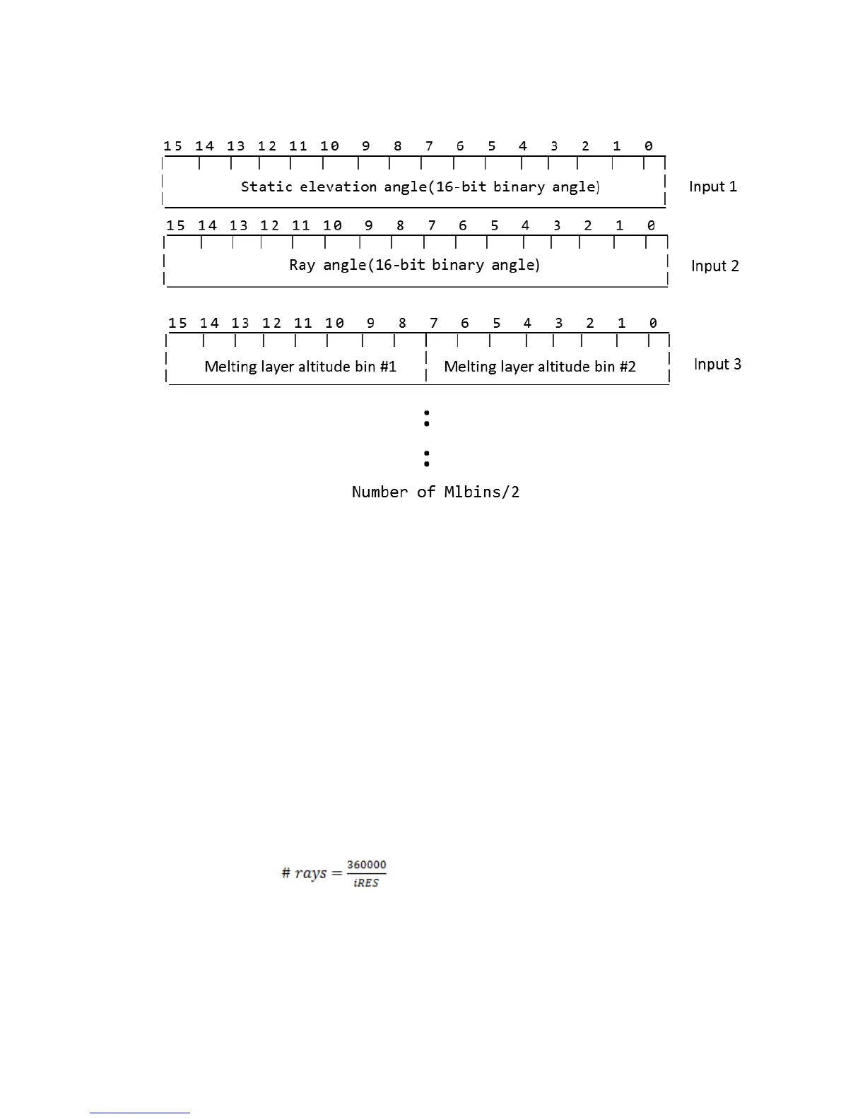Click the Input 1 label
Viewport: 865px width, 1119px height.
point(712,186)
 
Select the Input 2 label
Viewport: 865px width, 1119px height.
point(714,266)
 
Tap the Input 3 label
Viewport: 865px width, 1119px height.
point(717,364)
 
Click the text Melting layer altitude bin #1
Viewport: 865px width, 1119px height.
point(300,366)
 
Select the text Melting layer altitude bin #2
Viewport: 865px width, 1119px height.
point(540,366)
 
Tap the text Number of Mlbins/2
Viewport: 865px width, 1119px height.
point(435,492)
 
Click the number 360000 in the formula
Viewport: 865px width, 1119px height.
point(366,865)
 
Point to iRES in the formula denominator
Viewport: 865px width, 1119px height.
point(366,883)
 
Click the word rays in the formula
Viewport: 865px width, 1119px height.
point(311,873)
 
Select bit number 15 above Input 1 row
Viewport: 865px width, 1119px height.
point(173,146)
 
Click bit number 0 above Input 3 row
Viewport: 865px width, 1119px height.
point(653,323)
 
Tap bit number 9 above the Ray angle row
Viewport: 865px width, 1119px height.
point(369,225)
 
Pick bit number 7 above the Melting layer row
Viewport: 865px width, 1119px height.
point(433,323)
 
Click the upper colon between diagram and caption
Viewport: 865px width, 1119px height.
point(427,418)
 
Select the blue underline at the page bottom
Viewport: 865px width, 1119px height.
point(140,1113)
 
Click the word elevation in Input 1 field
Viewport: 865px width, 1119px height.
point(339,186)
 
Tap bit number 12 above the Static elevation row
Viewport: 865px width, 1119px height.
point(267,146)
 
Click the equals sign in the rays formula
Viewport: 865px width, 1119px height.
point(336,873)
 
